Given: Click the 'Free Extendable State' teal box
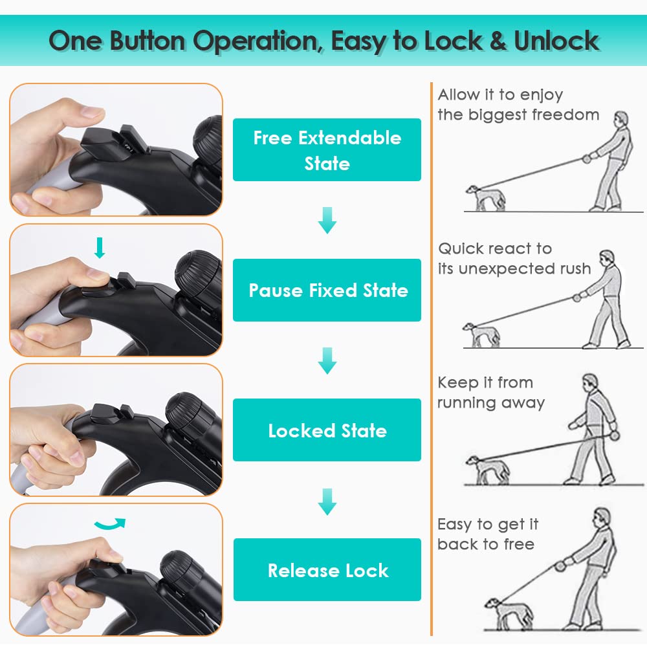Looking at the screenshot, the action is pyautogui.click(x=327, y=150).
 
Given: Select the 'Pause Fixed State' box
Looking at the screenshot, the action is pyautogui.click(x=327, y=290).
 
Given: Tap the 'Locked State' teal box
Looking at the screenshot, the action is pyautogui.click(x=327, y=430).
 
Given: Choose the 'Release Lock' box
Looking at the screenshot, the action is pyautogui.click(x=327, y=570).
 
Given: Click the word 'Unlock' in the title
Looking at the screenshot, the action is pyautogui.click(x=556, y=41).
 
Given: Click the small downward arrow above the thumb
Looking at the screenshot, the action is pyautogui.click(x=100, y=248).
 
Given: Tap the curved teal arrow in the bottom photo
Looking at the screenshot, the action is pyautogui.click(x=110, y=524).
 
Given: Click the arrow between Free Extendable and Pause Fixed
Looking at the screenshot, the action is pyautogui.click(x=327, y=221).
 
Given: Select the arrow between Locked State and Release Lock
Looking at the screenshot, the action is pyautogui.click(x=327, y=502).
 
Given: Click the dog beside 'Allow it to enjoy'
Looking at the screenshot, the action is pyautogui.click(x=486, y=198).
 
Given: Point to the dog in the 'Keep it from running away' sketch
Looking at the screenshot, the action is pyautogui.click(x=487, y=470).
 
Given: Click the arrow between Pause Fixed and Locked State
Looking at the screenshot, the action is pyautogui.click(x=327, y=360).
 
